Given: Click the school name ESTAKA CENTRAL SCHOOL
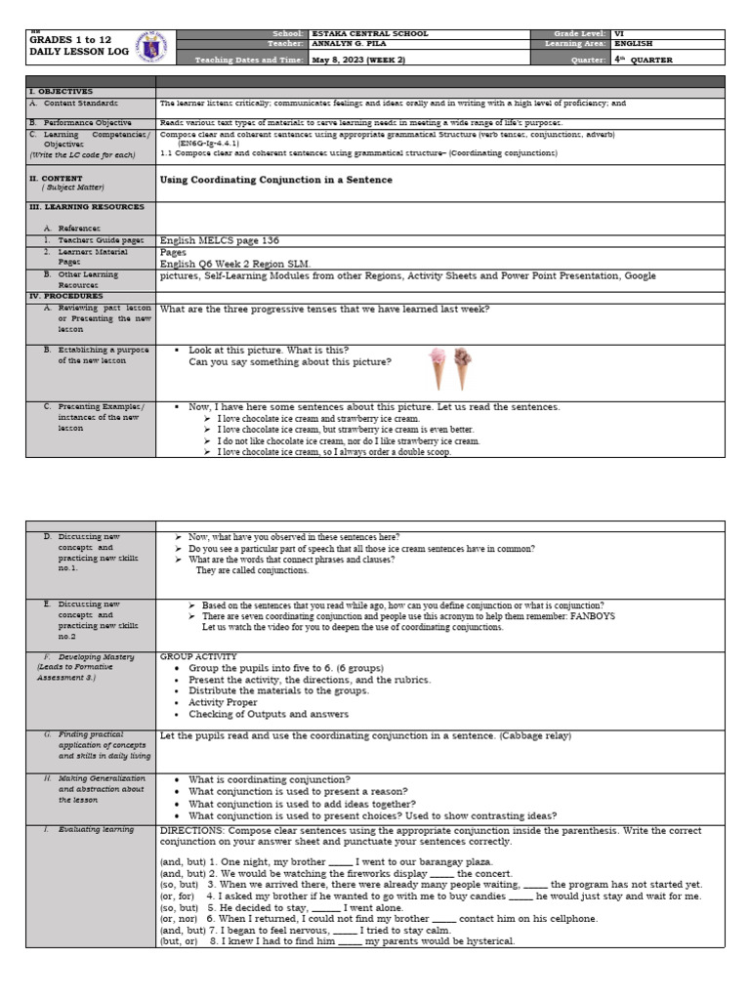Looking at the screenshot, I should click(369, 33).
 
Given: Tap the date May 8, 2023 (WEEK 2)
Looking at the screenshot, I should click(360, 59).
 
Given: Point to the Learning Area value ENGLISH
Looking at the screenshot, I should click(634, 44).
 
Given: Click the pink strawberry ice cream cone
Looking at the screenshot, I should click(438, 368).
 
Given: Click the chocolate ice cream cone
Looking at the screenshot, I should click(461, 368).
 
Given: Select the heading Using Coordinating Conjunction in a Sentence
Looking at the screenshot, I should click(275, 180).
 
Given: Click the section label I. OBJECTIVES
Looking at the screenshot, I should click(61, 91).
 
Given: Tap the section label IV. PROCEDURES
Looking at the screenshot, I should click(64, 295).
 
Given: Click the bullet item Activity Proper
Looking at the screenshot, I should click(223, 702).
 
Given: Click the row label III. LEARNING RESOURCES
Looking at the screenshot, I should click(86, 207).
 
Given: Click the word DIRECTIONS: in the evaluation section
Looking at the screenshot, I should click(194, 829).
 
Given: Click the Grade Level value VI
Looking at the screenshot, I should click(618, 33).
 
